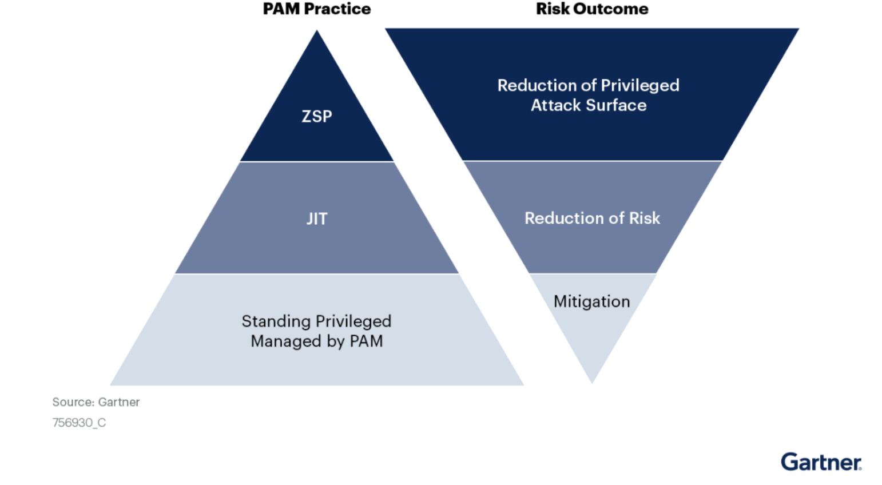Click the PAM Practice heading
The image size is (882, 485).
pos(316,9)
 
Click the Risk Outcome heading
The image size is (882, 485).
pos(592,9)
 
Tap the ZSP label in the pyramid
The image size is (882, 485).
pos(317,117)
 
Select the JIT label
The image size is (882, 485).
pos(317,219)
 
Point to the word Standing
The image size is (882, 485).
pos(276,321)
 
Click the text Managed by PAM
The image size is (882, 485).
pos(317,341)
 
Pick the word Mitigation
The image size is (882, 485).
pos(592,301)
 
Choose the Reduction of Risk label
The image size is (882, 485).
pos(592,218)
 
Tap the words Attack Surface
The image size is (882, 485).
pos(589,105)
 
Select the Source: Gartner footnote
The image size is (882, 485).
pos(96,402)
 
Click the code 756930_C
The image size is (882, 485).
pos(79,423)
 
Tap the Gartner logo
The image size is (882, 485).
pos(821,462)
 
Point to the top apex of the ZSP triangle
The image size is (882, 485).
pos(317,30)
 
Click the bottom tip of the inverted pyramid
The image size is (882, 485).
pos(592,383)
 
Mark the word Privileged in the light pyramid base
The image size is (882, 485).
pos(353,321)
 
